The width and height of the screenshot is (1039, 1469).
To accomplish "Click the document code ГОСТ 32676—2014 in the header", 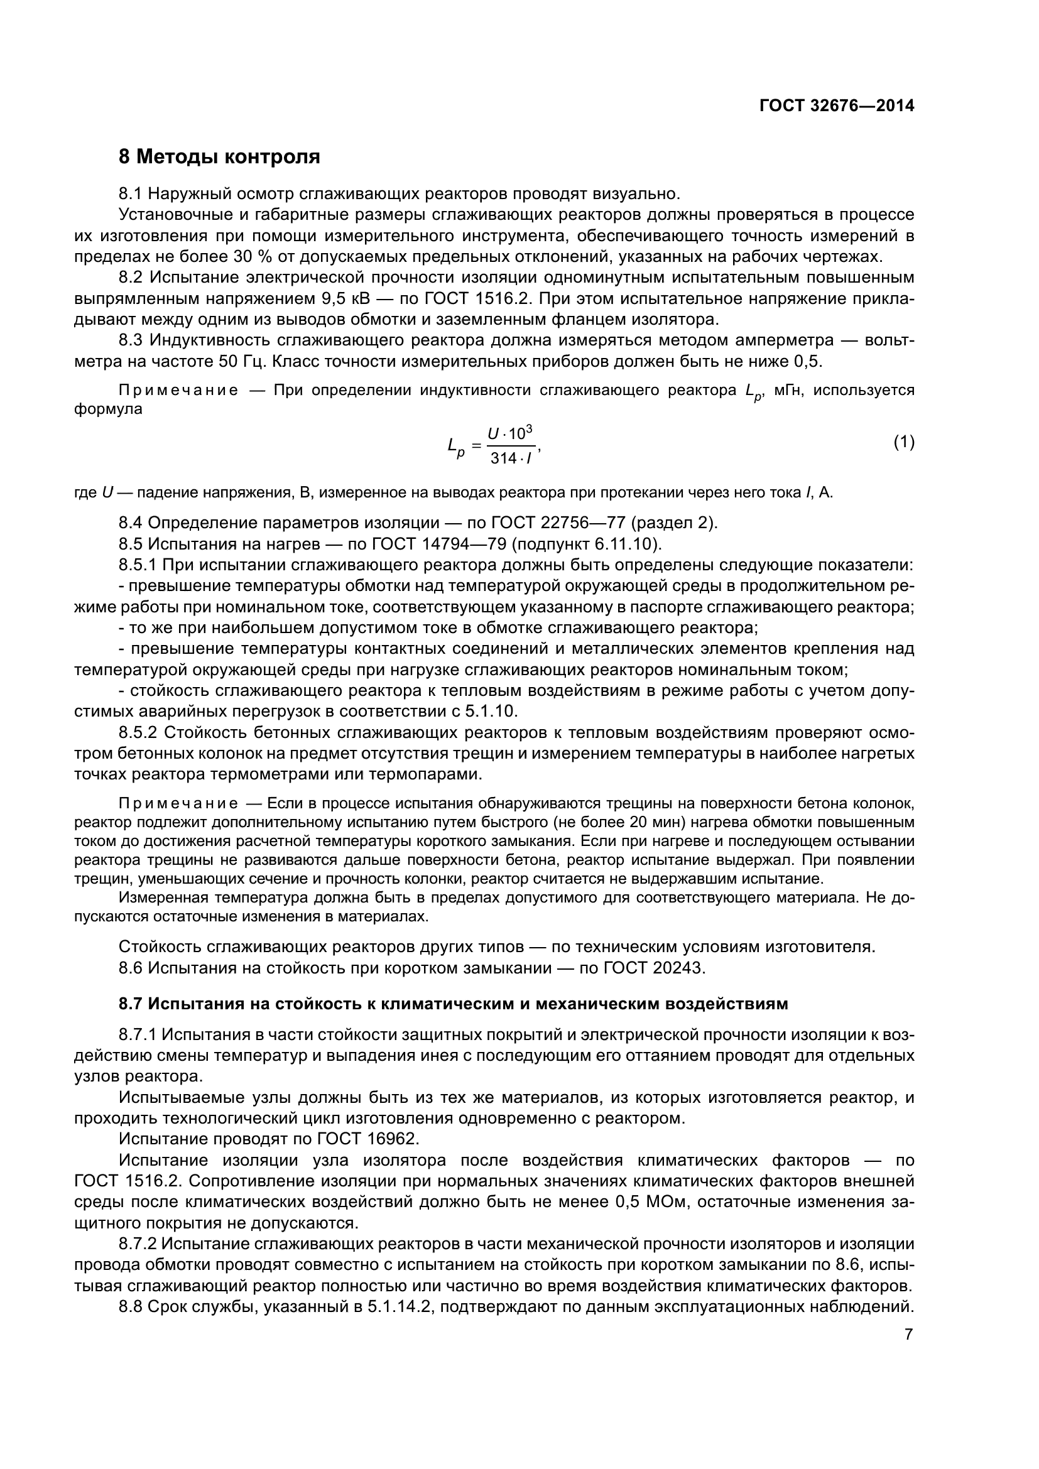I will pos(836,106).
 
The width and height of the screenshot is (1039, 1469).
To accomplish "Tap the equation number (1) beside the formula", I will pos(903,442).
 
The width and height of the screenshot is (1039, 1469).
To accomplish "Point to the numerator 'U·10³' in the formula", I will pos(511,433).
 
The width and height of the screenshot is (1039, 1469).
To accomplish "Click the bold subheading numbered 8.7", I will pos(453,1004).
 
